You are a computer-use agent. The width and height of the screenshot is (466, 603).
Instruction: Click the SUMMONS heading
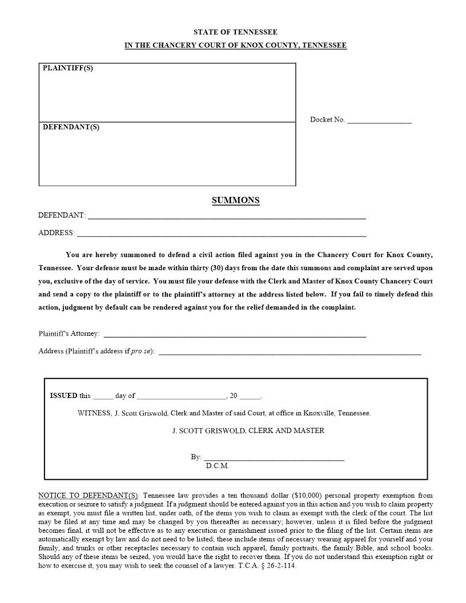(x=235, y=200)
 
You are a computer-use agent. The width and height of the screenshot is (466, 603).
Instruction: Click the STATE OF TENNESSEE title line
(x=235, y=33)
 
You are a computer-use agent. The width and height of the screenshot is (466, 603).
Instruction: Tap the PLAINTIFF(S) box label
(x=67, y=69)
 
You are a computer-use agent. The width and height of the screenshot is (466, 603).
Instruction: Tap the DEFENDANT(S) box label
(x=71, y=127)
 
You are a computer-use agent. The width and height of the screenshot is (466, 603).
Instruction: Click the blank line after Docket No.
(x=379, y=120)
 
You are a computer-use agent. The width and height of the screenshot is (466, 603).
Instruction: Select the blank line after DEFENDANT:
(x=227, y=216)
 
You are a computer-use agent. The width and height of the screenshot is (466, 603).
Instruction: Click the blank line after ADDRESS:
(x=222, y=233)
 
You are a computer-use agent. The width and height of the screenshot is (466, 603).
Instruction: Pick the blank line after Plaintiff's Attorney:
(x=235, y=334)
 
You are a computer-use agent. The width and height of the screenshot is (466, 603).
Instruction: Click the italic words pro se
(x=140, y=351)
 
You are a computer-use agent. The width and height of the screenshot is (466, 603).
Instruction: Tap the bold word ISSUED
(x=63, y=396)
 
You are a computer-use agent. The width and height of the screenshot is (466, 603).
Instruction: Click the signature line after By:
(x=274, y=457)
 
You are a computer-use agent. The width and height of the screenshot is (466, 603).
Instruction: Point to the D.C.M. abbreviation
(x=217, y=466)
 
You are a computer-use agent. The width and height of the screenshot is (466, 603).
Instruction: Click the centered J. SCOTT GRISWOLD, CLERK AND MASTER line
(x=248, y=431)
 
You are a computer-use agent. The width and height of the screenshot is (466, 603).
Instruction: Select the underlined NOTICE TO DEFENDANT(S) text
(x=89, y=496)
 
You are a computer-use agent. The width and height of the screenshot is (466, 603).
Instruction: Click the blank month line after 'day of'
(x=182, y=396)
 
